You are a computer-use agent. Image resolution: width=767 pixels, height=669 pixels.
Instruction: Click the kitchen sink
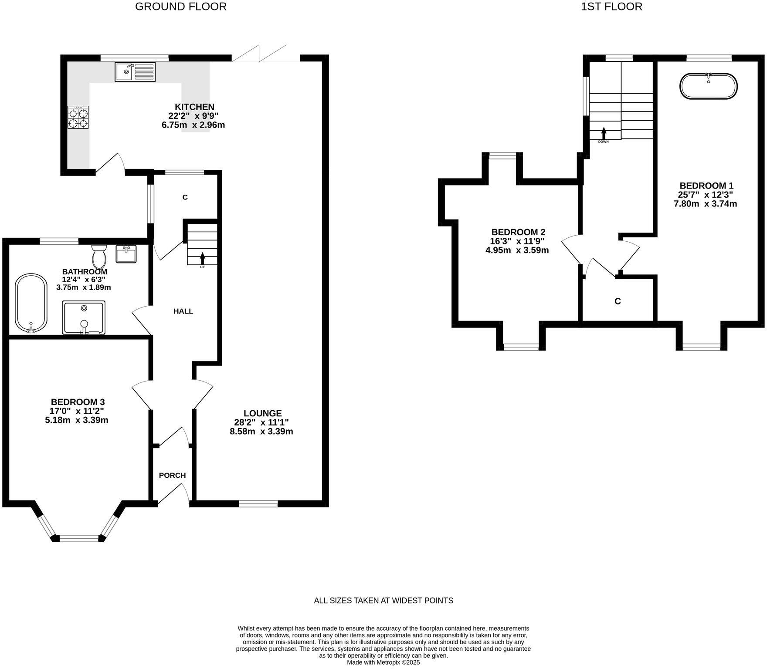tap(135, 72)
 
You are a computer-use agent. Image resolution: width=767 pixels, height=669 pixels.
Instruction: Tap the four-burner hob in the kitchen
tap(78, 117)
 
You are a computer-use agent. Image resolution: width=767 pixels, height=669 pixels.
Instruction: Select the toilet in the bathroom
tap(100, 257)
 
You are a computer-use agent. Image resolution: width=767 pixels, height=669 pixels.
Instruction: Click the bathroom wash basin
tap(126, 254)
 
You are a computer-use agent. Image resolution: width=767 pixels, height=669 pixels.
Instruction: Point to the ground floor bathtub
tap(31, 303)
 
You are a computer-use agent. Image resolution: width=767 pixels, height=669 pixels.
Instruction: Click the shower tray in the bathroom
tap(84, 318)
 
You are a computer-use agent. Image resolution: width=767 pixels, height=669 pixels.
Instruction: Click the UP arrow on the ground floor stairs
tap(202, 257)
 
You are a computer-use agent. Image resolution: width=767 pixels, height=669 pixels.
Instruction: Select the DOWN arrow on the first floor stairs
tap(604, 133)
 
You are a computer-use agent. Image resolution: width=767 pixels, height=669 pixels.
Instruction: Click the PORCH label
tap(172, 475)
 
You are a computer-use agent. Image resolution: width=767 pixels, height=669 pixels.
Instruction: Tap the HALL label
tap(183, 311)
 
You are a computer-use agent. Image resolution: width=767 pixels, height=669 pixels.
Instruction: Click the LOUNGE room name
tap(262, 413)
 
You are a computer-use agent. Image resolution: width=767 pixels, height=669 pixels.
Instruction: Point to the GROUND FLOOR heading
tap(180, 7)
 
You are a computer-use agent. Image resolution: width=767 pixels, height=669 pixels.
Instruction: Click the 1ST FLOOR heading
tap(611, 7)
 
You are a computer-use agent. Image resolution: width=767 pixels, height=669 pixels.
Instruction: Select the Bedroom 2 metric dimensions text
tap(517, 250)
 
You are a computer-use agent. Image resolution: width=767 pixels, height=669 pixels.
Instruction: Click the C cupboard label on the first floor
tap(617, 301)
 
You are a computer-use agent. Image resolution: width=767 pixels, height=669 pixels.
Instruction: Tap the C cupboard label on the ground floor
tap(185, 197)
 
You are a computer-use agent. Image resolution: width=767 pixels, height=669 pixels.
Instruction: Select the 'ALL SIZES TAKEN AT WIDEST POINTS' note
tap(383, 601)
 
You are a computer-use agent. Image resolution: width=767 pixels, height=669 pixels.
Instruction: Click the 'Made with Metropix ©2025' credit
tap(383, 662)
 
